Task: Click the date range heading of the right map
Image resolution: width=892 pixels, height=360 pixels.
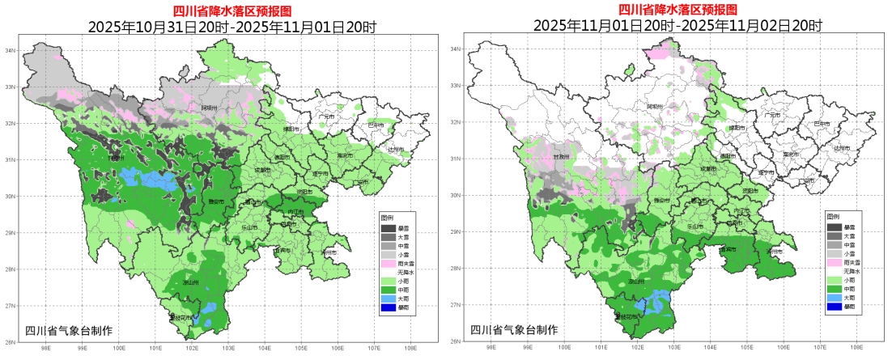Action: pos(677,26)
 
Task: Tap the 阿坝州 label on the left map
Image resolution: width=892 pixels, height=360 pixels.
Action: pos(209,107)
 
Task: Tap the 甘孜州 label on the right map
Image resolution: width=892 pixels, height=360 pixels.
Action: pos(560,158)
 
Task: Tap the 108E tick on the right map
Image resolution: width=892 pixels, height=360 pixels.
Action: pos(856,345)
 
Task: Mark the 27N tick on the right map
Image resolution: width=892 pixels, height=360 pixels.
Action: pos(455,305)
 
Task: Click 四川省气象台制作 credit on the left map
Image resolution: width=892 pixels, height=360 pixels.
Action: pos(69,330)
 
